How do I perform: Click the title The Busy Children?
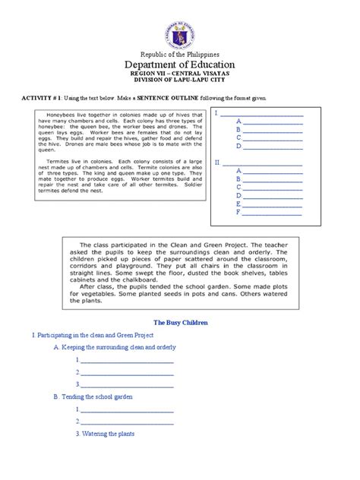point(180,322)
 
